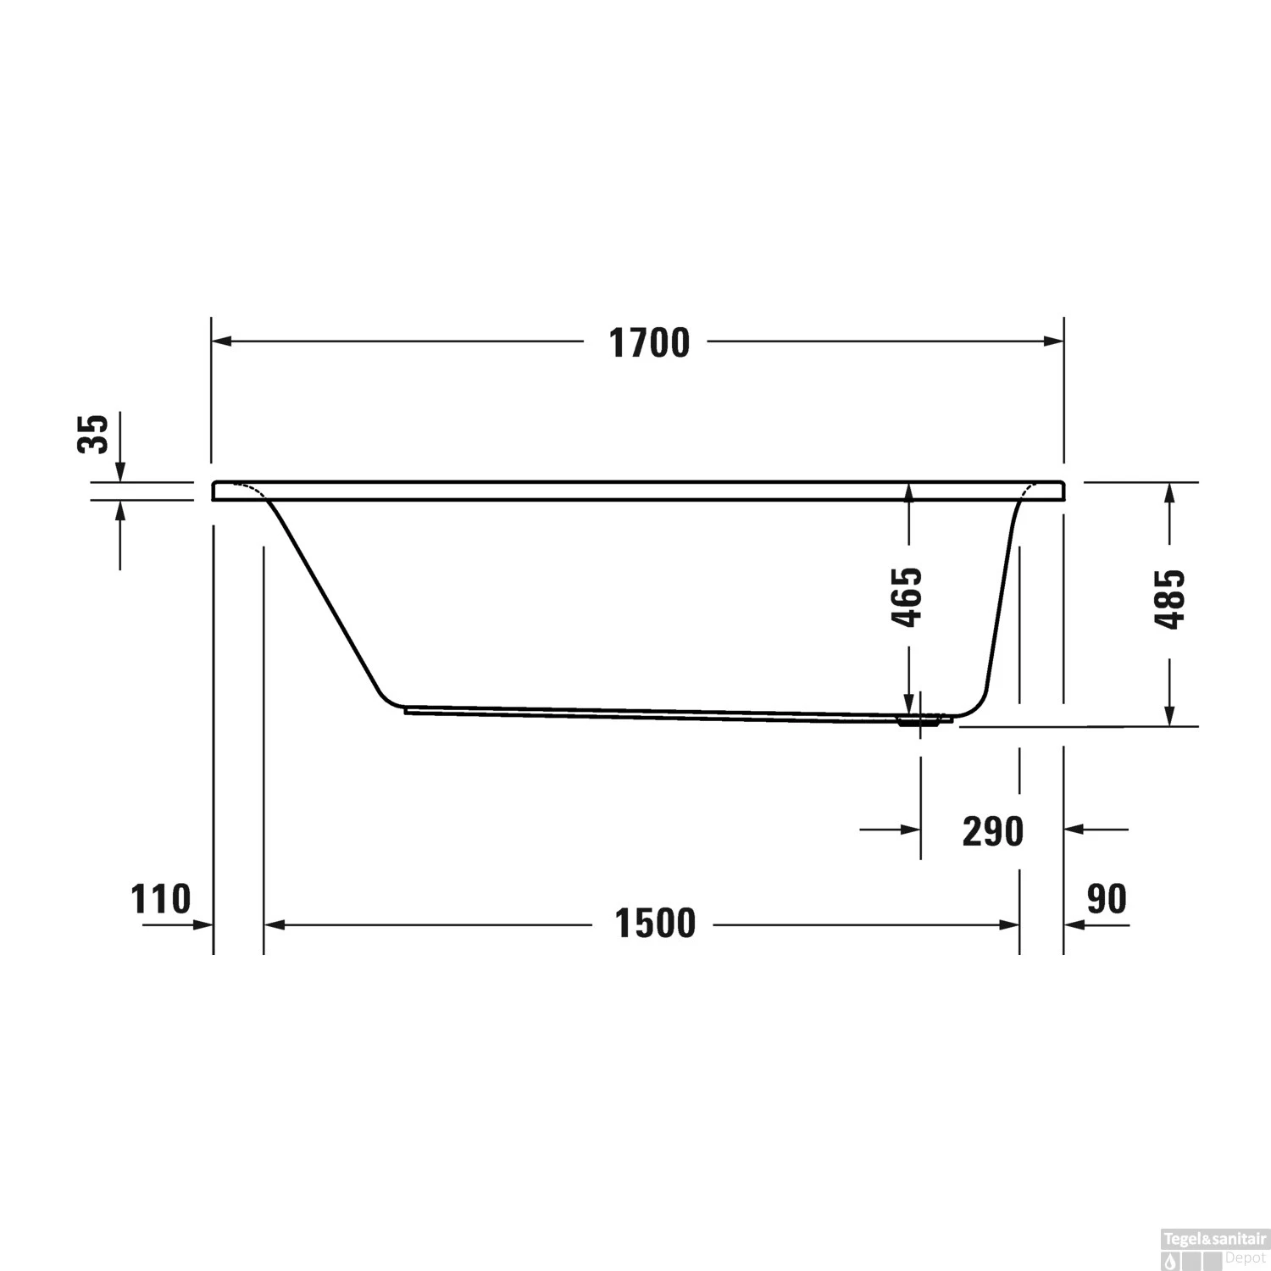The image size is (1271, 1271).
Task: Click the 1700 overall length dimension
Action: click(650, 343)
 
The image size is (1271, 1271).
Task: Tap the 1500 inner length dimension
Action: click(655, 924)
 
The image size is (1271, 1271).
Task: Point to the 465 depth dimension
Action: click(907, 597)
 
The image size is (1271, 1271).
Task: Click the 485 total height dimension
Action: click(1170, 598)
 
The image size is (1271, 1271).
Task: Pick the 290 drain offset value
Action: click(993, 831)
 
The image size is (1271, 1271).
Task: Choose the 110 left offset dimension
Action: click(161, 899)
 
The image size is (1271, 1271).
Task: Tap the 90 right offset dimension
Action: click(1107, 899)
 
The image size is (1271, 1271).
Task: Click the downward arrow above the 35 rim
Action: click(120, 471)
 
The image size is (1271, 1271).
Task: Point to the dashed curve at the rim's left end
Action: click(250, 490)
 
